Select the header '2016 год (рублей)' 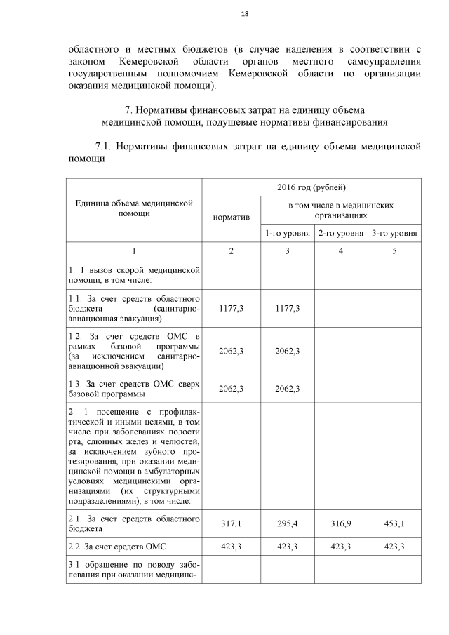311,187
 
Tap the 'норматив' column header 231,217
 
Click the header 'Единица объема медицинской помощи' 134,208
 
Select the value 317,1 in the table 231,523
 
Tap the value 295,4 287,523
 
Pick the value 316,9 340,523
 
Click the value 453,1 394,523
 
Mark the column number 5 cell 394,250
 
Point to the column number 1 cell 134,250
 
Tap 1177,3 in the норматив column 231,308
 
